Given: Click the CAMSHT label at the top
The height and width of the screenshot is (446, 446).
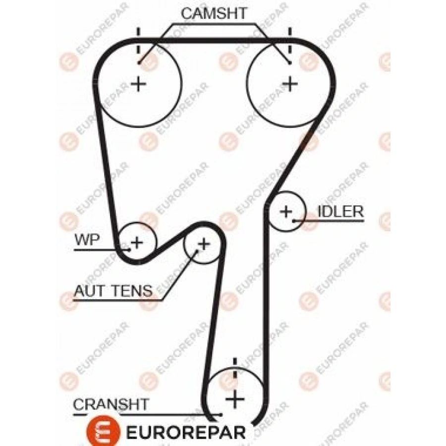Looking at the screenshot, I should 214,14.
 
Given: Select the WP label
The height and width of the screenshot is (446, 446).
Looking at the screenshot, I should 87,240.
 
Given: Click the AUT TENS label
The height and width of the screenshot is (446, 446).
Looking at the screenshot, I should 113,291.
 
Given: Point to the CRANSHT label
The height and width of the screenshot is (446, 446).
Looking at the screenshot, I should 111,404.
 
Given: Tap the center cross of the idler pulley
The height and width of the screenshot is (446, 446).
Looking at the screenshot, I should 286,212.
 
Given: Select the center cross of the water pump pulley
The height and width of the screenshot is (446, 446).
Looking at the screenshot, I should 136,242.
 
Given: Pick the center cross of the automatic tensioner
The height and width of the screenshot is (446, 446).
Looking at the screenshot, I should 203,244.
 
